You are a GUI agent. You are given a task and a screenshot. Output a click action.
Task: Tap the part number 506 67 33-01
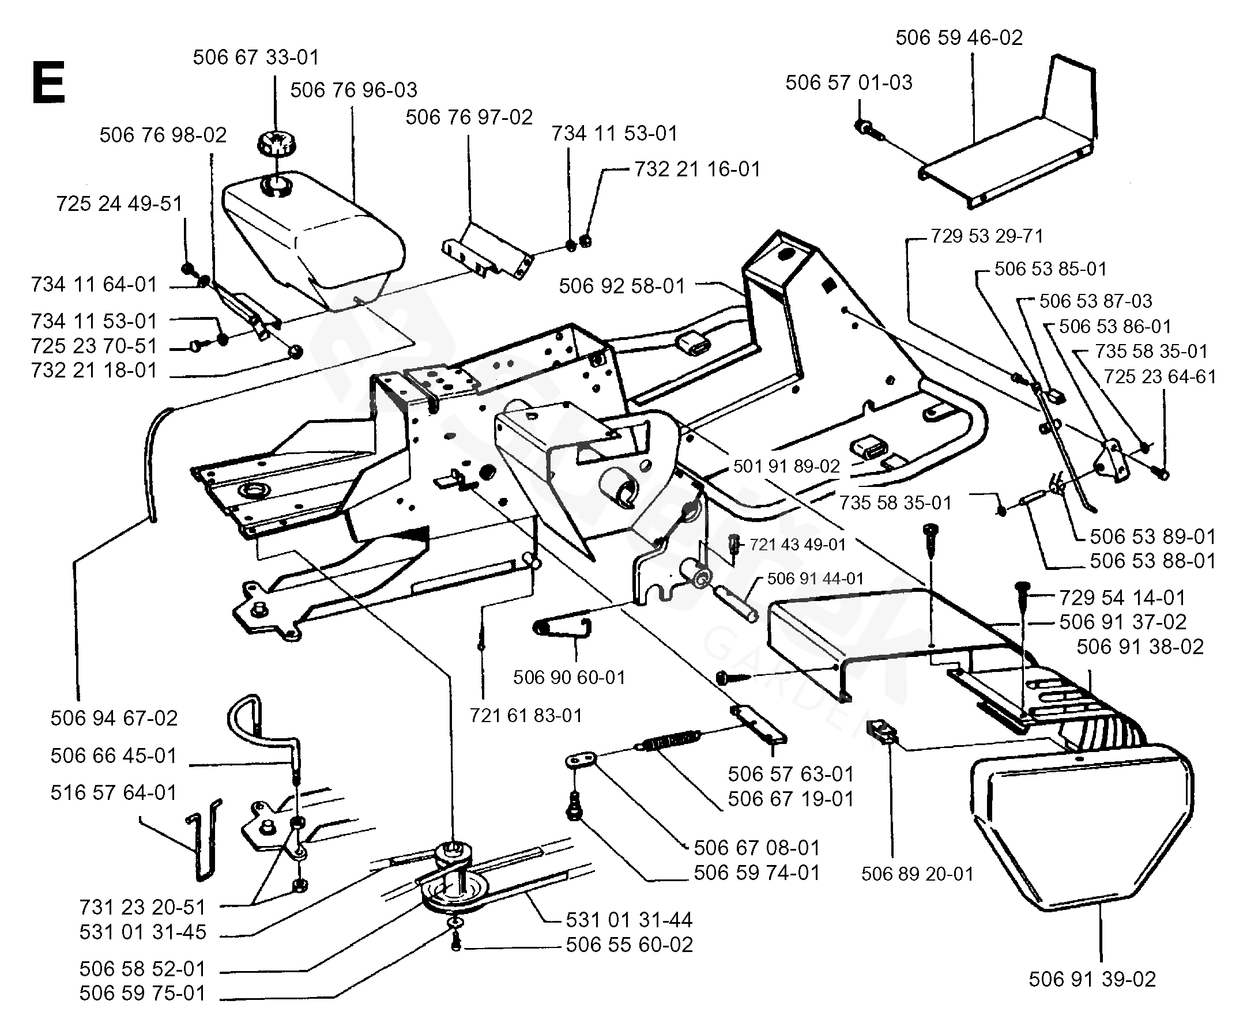pyautogui.click(x=256, y=58)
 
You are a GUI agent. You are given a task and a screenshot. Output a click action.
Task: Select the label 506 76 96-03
pyautogui.click(x=353, y=90)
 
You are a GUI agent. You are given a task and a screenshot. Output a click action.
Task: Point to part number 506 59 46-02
pyautogui.click(x=959, y=38)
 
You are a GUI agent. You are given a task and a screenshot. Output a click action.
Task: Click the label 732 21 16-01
pyautogui.click(x=697, y=170)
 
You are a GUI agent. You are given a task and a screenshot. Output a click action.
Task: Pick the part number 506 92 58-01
pyautogui.click(x=621, y=286)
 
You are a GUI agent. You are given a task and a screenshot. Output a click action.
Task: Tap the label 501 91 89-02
pyautogui.click(x=786, y=466)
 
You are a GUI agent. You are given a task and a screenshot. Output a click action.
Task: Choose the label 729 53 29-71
pyautogui.click(x=986, y=236)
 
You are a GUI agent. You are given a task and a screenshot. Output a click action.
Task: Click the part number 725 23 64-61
pyautogui.click(x=1160, y=377)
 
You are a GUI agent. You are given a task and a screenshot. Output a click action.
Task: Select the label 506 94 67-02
pyautogui.click(x=114, y=718)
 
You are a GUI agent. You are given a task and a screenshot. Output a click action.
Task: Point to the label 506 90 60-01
pyautogui.click(x=569, y=677)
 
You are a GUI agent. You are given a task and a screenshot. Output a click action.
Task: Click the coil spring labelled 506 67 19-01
pyautogui.click(x=671, y=741)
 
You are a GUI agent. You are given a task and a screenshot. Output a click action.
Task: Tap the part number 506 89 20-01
pyautogui.click(x=917, y=874)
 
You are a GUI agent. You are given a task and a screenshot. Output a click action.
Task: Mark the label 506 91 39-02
pyautogui.click(x=1092, y=979)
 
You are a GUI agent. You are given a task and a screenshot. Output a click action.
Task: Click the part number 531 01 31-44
pyautogui.click(x=629, y=920)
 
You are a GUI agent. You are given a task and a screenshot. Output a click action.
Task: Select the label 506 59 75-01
pyautogui.click(x=142, y=993)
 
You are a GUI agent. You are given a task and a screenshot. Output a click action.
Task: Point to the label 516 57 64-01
pyautogui.click(x=114, y=792)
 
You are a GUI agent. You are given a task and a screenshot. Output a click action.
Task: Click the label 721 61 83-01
pyautogui.click(x=526, y=715)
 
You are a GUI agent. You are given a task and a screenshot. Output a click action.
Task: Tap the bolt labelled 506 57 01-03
pyautogui.click(x=864, y=126)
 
